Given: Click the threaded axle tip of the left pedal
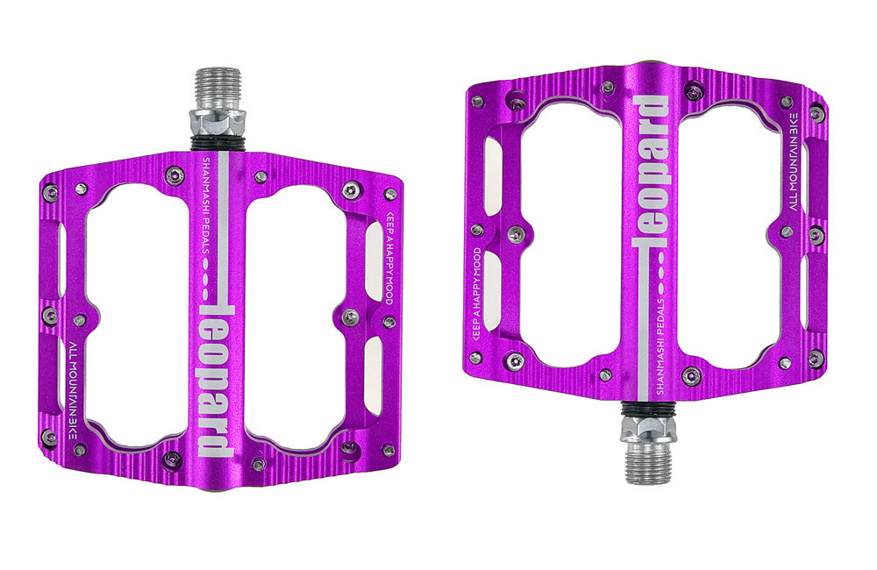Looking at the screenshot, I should [x=217, y=89].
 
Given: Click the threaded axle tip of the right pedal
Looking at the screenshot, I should [x=648, y=460].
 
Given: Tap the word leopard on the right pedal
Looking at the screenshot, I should [x=650, y=170].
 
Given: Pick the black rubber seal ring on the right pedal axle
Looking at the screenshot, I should [x=648, y=410].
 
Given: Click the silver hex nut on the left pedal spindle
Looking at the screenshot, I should [x=217, y=122].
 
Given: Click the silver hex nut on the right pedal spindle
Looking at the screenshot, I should [x=648, y=428].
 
